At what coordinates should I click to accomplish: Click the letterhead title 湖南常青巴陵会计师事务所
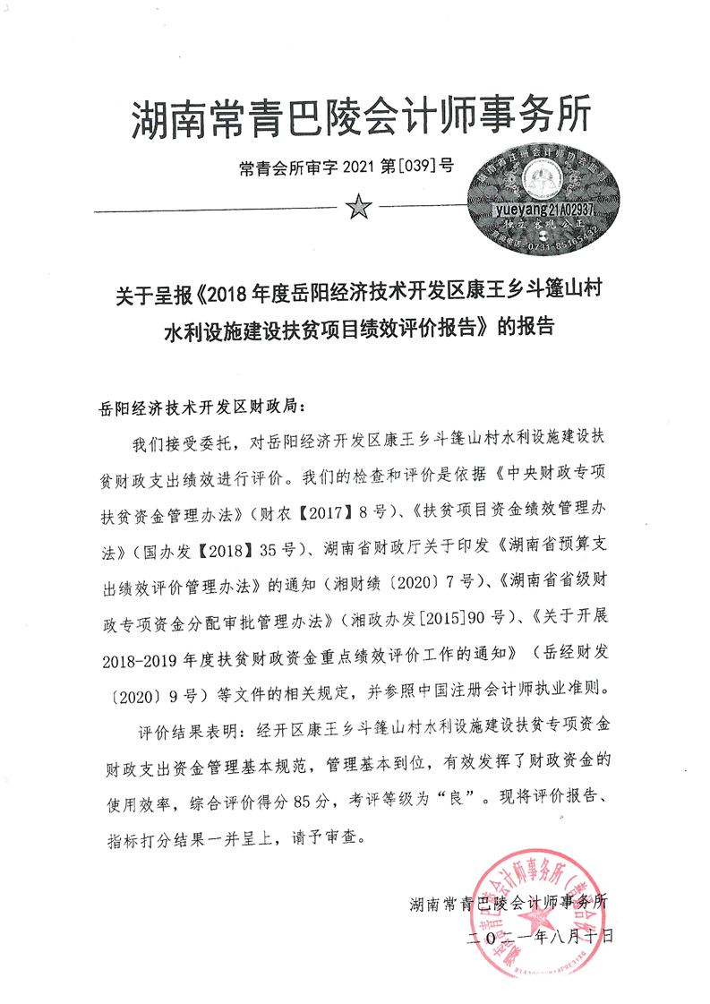click(361, 117)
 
